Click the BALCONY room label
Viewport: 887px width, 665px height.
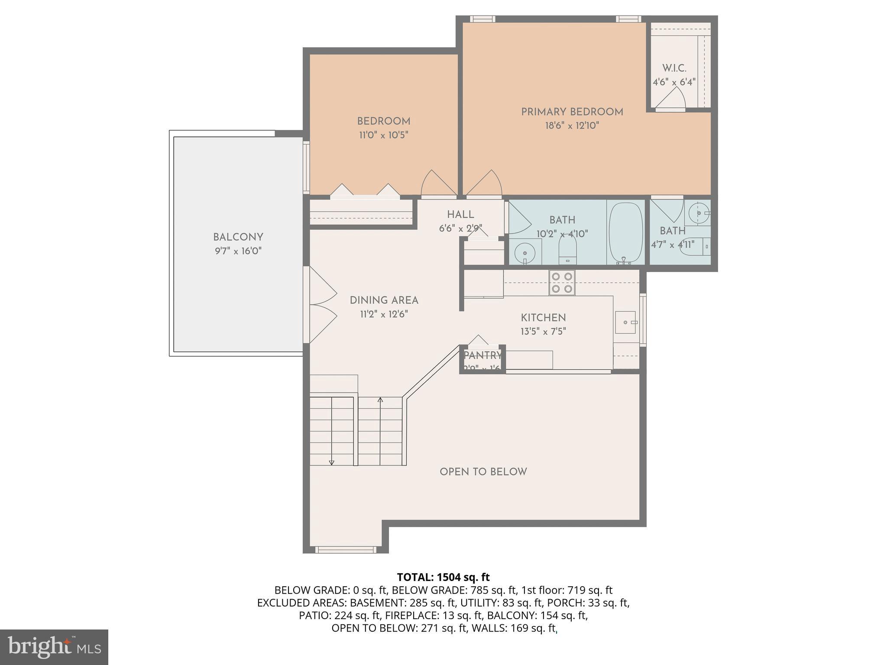pyautogui.click(x=238, y=237)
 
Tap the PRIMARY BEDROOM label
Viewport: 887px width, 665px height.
pyautogui.click(x=572, y=112)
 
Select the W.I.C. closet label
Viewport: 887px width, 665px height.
pyautogui.click(x=674, y=68)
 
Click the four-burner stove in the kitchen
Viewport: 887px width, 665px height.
pyautogui.click(x=562, y=283)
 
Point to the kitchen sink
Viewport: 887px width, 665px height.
pyautogui.click(x=625, y=323)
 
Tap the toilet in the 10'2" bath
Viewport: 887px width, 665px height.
pyautogui.click(x=567, y=250)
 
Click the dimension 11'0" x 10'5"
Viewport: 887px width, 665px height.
pyautogui.click(x=383, y=135)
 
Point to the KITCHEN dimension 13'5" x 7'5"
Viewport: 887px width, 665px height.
pyautogui.click(x=543, y=332)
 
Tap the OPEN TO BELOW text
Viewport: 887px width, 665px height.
pyautogui.click(x=483, y=472)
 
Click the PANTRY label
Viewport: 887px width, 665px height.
pyautogui.click(x=482, y=355)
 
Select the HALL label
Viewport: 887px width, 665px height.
pyautogui.click(x=460, y=214)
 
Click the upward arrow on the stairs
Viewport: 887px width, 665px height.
pyautogui.click(x=380, y=400)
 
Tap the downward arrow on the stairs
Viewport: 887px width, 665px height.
pyautogui.click(x=332, y=462)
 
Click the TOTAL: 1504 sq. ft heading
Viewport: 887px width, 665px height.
pyautogui.click(x=443, y=577)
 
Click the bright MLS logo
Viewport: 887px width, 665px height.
pyautogui.click(x=54, y=647)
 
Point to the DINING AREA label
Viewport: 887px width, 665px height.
pyautogui.click(x=384, y=300)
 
